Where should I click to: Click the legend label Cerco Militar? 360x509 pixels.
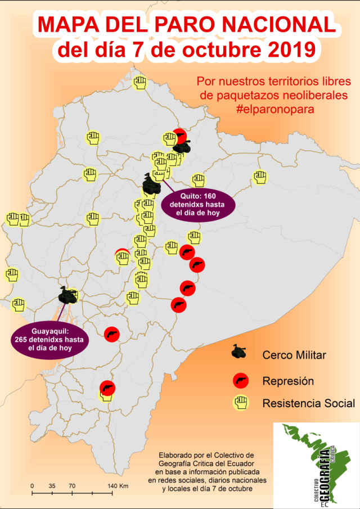pyautogui.click(x=294, y=355)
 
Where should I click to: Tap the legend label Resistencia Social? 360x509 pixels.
pyautogui.click(x=308, y=403)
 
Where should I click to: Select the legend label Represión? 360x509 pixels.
pyautogui.click(x=287, y=381)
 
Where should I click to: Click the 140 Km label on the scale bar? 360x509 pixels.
pyautogui.click(x=119, y=485)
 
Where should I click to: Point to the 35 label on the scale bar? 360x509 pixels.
pyautogui.click(x=52, y=485)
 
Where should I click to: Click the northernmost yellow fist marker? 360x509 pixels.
pyautogui.click(x=140, y=82)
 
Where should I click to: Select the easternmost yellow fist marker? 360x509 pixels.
pyautogui.click(x=259, y=176)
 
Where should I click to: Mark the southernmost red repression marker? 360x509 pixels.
pyautogui.click(x=107, y=388)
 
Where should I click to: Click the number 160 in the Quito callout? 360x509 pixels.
pyautogui.click(x=208, y=196)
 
